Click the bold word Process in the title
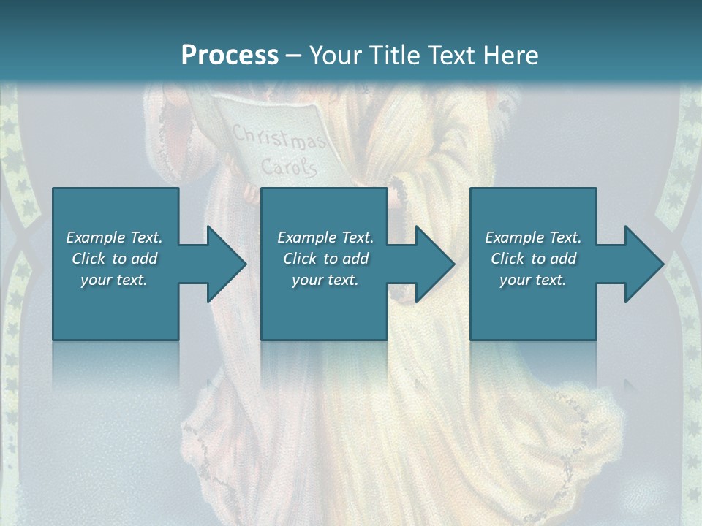230,56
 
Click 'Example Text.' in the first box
114,237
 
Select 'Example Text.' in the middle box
325,237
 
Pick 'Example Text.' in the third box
533,237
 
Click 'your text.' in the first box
114,280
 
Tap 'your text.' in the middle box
325,280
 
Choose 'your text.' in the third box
533,280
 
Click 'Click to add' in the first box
114,259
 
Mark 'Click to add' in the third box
533,259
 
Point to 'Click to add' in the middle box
325,259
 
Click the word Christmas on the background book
279,138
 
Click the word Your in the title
333,56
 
